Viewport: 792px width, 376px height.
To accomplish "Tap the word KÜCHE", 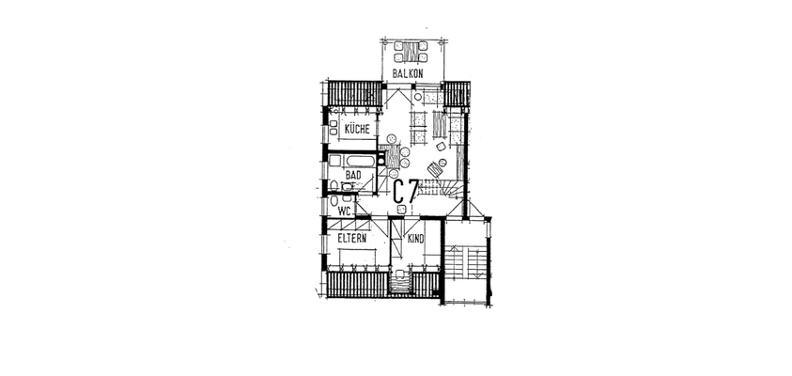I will coord(357,129).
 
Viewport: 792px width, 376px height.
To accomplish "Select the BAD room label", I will coord(353,175).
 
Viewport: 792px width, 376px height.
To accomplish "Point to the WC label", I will coord(344,211).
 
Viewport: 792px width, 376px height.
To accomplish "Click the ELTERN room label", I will coord(352,239).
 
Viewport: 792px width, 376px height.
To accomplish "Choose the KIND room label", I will coord(415,239).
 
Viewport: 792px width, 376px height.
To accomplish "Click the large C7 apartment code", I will coord(405,192).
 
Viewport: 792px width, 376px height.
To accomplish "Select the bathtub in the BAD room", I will coord(352,159).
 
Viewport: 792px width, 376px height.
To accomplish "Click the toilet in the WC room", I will coord(334,201).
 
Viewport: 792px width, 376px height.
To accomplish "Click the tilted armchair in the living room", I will coord(435,170).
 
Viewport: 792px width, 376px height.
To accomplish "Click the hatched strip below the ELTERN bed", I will coord(358,283).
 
